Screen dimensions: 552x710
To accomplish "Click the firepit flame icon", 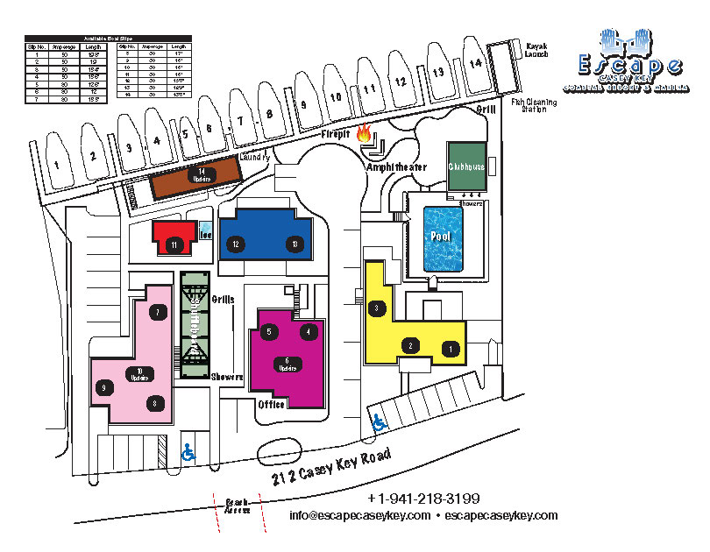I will point(365,134).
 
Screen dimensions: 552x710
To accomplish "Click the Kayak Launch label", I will point(536,49).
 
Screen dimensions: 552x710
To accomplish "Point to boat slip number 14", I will point(474,64).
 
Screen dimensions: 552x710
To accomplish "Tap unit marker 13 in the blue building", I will point(295,244).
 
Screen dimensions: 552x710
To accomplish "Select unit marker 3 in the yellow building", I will point(377,308).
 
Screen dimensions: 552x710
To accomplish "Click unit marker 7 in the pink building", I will point(159,312).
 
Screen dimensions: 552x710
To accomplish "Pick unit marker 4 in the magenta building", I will point(307,331).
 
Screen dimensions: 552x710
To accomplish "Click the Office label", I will point(272,405).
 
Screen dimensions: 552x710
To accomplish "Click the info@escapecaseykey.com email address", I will point(359,515).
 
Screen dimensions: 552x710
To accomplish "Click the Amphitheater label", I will point(396,166).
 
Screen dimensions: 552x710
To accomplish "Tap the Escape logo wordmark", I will point(629,65).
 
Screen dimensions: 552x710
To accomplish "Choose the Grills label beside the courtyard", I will point(223,299).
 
